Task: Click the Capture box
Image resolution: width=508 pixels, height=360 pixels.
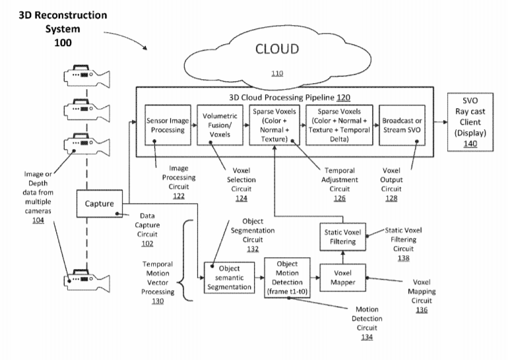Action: (x=99, y=203)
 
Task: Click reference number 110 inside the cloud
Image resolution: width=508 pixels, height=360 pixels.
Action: (x=277, y=73)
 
